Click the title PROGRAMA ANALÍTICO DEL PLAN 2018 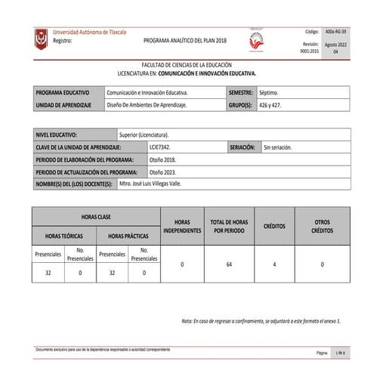coord(184,39)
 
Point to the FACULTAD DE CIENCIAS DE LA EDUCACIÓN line coord(192,66)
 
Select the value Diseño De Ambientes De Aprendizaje coord(147,105)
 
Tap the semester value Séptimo coord(268,91)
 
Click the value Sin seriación coord(277,146)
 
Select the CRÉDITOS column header coord(274,226)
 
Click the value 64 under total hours coord(229,264)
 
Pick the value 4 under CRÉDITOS coord(274,264)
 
